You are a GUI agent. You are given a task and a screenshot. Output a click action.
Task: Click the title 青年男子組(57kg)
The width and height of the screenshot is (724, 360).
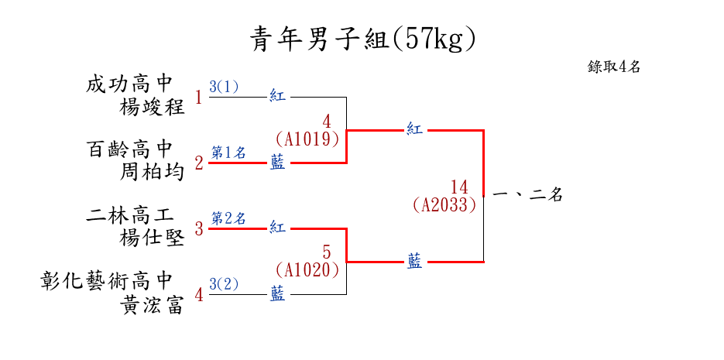coord(362,38)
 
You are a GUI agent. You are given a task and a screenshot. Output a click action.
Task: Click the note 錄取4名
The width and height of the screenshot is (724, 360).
coord(614,67)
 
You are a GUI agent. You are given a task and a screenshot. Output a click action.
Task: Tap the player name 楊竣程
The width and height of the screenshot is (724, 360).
coord(153,107)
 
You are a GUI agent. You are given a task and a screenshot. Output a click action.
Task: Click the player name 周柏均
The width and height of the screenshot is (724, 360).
coord(153,172)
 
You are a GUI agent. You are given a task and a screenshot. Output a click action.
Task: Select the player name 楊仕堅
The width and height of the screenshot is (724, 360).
coord(153,238)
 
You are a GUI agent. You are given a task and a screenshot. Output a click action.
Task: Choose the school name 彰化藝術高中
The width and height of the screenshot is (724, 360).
coord(106,280)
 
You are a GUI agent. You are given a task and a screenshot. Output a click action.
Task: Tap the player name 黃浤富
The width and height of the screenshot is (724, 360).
coord(153,304)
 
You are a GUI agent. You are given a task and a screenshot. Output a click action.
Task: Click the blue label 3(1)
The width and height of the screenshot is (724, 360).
coord(225,87)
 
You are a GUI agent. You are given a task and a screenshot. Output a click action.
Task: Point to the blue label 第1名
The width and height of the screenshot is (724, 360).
coord(228,153)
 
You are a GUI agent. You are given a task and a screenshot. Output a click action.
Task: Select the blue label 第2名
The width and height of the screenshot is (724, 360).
coord(228,218)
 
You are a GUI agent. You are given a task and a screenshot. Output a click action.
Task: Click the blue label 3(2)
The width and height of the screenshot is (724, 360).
coord(225,284)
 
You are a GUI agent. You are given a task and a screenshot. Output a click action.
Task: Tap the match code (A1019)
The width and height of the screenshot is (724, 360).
coord(308,139)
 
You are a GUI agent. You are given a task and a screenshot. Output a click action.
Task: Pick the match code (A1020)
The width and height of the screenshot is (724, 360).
coord(308,270)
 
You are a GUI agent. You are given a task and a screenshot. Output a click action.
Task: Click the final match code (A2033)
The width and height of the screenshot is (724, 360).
coord(444,205)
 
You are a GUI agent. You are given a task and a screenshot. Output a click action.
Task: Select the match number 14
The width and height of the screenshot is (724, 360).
coord(459,187)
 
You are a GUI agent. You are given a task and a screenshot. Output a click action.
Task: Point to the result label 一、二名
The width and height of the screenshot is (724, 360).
coord(527,196)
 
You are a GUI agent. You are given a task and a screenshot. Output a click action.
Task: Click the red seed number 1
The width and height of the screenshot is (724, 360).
coord(199,98)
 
